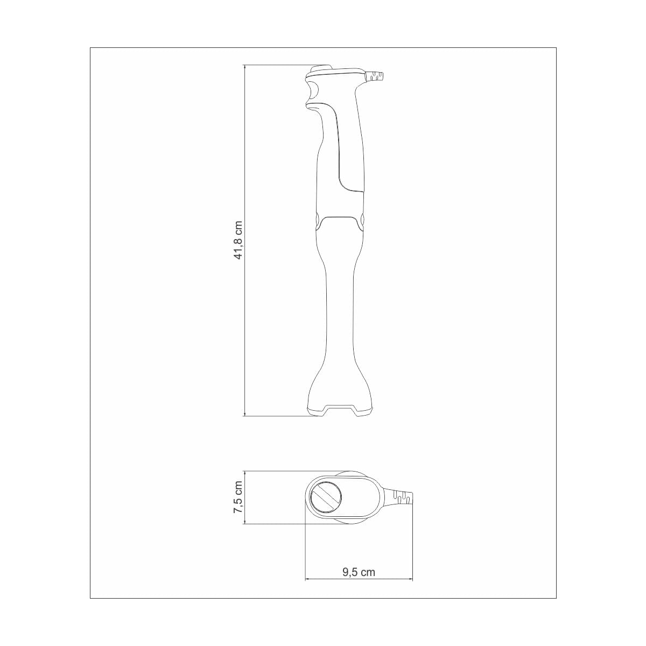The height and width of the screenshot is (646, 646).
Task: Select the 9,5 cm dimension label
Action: (359, 572)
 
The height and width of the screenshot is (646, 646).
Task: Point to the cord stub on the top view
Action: (403, 497)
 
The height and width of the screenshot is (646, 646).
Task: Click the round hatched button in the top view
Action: (325, 497)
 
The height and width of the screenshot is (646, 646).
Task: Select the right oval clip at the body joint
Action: (362, 220)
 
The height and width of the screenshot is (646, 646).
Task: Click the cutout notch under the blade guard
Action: (339, 410)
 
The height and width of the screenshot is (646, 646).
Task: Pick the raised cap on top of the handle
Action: (322, 69)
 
